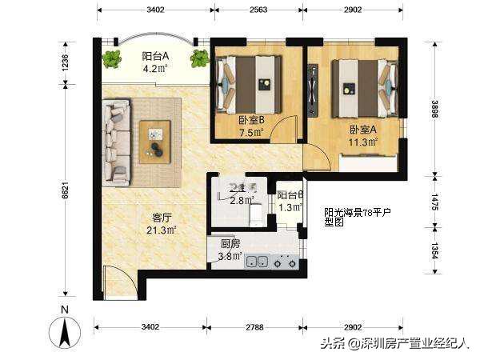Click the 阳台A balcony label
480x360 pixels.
(155, 56)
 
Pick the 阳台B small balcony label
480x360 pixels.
(290, 194)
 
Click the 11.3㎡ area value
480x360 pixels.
(362, 142)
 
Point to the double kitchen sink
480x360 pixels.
(257, 261)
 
